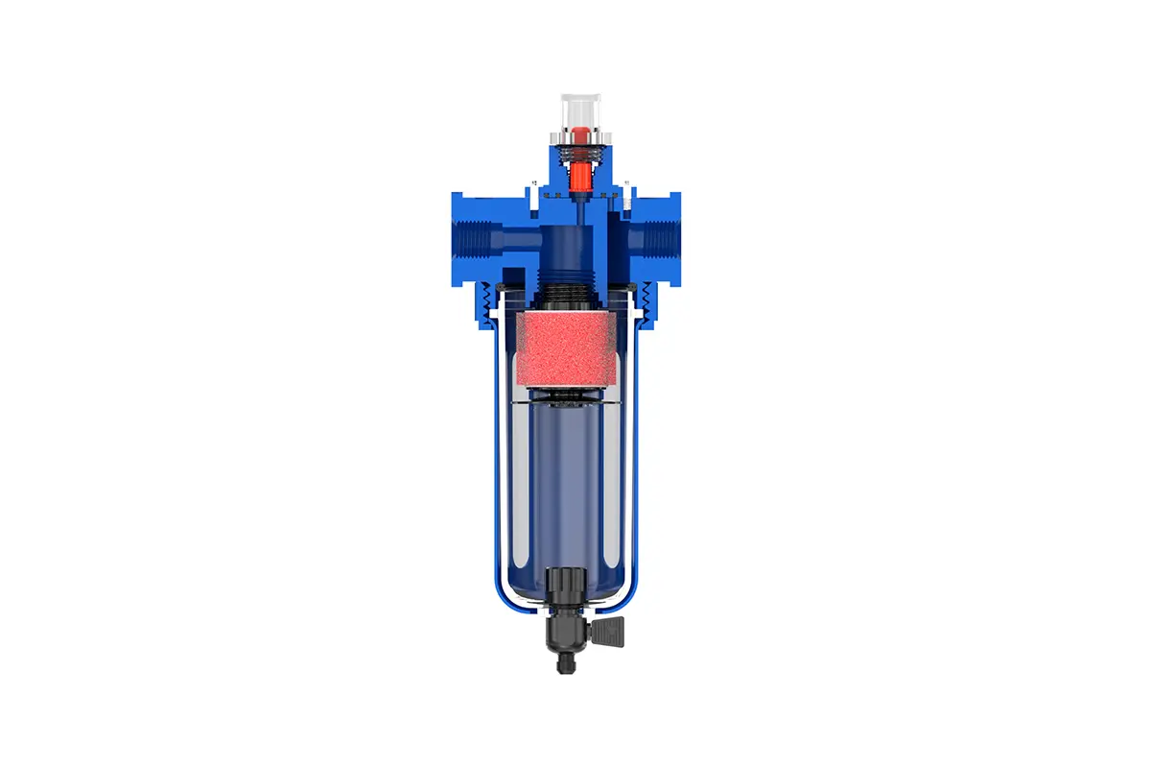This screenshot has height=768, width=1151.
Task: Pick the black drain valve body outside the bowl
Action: (x=566, y=631)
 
